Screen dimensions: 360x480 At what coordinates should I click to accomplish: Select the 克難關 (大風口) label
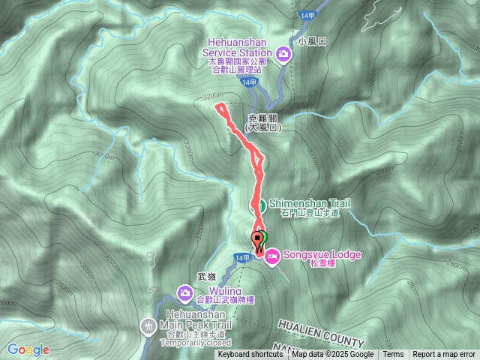(x=264, y=123)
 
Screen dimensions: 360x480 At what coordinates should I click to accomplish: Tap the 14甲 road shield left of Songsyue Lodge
(x=241, y=257)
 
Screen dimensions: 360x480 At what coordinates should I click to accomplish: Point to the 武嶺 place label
(x=185, y=277)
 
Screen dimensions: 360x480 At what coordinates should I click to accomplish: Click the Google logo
(x=28, y=349)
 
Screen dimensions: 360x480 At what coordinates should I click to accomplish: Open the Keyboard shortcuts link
(x=251, y=355)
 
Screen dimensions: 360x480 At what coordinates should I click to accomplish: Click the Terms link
(x=393, y=355)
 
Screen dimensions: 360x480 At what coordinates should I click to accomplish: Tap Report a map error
(x=444, y=355)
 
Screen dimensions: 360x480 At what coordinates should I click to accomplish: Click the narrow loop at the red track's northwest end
(x=223, y=111)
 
